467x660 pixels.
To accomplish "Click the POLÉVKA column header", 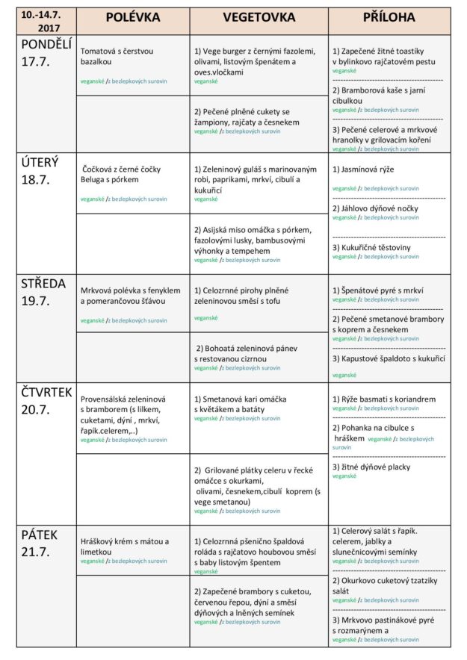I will point(132,17).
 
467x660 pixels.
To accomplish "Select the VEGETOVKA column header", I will point(259,17).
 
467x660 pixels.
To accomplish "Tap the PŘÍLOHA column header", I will point(389,17).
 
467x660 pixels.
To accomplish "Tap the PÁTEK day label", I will point(39,535).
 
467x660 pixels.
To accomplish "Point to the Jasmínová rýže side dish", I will point(363,169).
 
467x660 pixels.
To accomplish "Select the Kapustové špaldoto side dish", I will point(389,358).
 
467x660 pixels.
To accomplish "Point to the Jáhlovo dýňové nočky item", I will point(375,208).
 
